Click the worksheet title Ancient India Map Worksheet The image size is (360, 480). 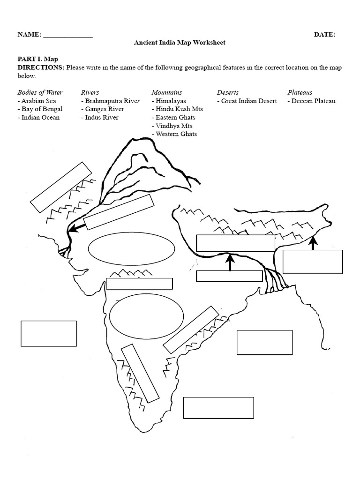point(180,43)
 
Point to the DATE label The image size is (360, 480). point(324,35)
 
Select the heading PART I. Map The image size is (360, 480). point(37,59)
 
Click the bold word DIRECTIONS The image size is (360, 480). point(41,67)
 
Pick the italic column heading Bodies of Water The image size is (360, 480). point(40,92)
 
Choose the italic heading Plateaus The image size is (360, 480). point(300,92)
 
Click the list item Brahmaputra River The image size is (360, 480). point(111,101)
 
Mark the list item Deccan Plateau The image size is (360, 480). point(312,101)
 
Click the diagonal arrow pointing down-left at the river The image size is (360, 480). point(77,226)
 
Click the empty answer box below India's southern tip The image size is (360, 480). point(218,407)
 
